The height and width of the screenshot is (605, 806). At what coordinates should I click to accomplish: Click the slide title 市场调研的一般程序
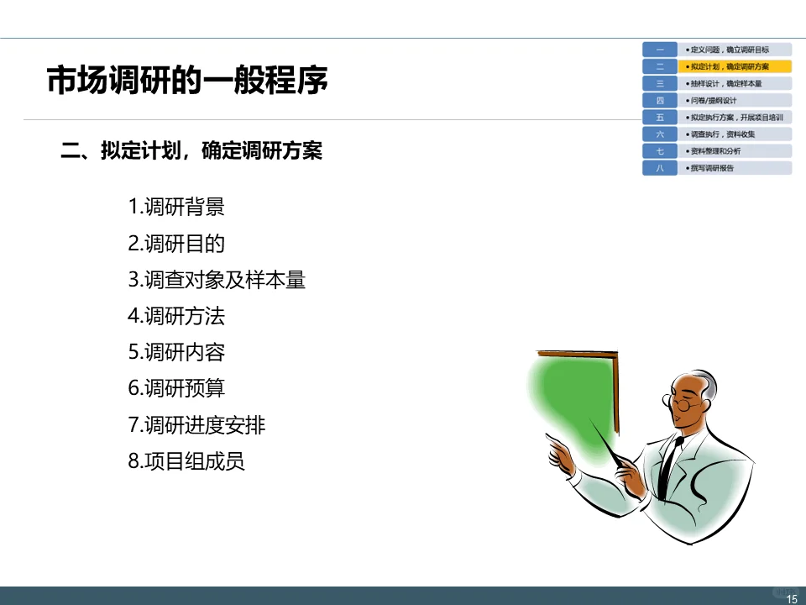coord(186,82)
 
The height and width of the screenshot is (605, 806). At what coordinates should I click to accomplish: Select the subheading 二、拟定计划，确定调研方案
coord(192,151)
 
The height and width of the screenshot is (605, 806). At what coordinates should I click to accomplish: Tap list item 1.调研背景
coord(176,207)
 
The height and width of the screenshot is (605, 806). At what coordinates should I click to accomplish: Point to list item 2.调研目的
coord(176,244)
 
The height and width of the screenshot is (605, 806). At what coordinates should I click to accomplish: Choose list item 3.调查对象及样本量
coord(217,280)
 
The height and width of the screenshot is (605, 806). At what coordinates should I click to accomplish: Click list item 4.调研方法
coord(176,317)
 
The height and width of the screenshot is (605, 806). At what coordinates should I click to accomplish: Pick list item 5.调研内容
coord(176,353)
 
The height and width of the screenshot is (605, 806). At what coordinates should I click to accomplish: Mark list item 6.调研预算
coord(176,389)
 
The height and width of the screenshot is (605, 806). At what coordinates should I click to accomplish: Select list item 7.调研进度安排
coord(196,425)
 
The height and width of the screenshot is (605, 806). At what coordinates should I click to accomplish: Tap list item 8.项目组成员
coord(186,461)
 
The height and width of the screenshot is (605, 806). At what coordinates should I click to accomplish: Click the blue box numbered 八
coord(660,168)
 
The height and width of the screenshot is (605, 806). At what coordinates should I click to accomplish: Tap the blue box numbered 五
coord(660,118)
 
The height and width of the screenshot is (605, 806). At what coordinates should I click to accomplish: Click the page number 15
coord(791,598)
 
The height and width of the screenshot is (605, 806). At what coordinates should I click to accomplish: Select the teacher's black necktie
coord(667,466)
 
